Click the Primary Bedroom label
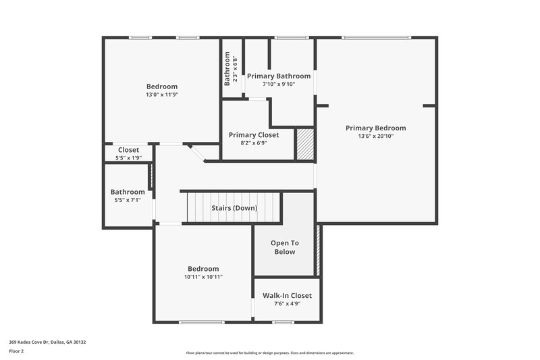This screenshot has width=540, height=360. [375, 128]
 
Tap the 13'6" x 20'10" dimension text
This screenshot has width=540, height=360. [375, 136]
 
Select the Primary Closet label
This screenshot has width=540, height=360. [253, 134]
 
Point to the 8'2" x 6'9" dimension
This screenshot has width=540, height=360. [253, 143]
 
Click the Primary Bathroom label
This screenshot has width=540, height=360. [279, 76]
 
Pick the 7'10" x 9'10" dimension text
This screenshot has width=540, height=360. [279, 84]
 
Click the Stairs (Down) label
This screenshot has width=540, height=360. [234, 208]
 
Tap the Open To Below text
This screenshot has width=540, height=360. [284, 247]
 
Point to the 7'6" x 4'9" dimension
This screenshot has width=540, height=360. [287, 304]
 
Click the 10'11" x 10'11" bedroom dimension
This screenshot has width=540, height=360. [203, 277]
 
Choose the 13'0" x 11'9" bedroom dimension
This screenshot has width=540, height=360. [162, 95]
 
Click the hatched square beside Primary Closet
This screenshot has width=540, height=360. [306, 144]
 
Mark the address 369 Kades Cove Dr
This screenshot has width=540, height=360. [47, 342]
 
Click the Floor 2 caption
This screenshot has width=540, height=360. [18, 351]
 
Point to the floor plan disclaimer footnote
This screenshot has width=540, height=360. [270, 353]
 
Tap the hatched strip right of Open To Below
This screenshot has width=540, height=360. [319, 250]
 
